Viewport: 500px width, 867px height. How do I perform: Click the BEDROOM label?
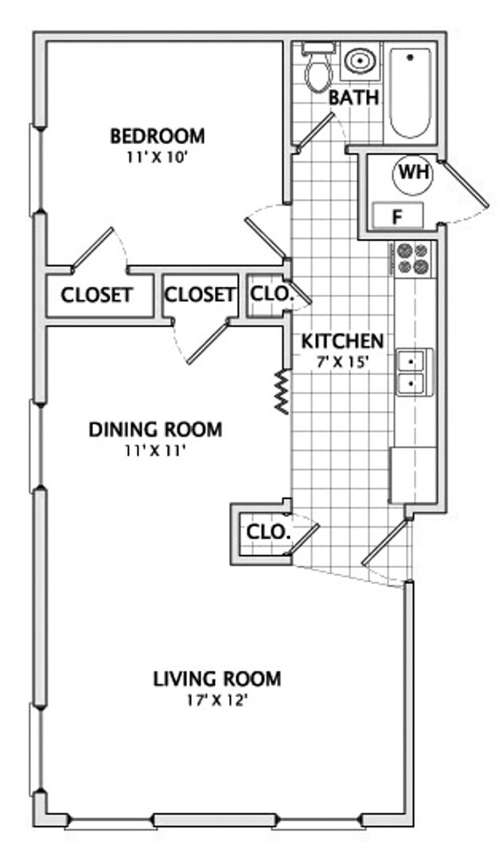[158, 136]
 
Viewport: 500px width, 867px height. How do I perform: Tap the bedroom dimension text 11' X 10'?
[158, 156]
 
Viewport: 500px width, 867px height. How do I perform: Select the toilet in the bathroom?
[316, 72]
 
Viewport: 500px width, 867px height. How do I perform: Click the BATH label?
[354, 99]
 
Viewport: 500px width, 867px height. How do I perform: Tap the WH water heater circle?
[413, 173]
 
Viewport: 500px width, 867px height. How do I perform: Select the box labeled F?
[397, 216]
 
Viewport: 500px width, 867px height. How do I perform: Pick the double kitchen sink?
[414, 371]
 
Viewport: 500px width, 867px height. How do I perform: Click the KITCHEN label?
[342, 340]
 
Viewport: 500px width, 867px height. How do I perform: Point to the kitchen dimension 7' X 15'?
[342, 360]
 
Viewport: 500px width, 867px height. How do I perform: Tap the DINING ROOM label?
[155, 429]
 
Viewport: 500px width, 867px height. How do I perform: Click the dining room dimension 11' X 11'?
[155, 450]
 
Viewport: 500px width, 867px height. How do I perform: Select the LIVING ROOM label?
[217, 679]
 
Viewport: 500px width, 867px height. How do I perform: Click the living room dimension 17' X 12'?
[217, 700]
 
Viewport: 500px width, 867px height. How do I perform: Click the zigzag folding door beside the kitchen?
[282, 391]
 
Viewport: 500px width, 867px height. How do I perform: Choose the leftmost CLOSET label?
[96, 295]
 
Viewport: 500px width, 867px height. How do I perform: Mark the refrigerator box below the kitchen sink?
[414, 474]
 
